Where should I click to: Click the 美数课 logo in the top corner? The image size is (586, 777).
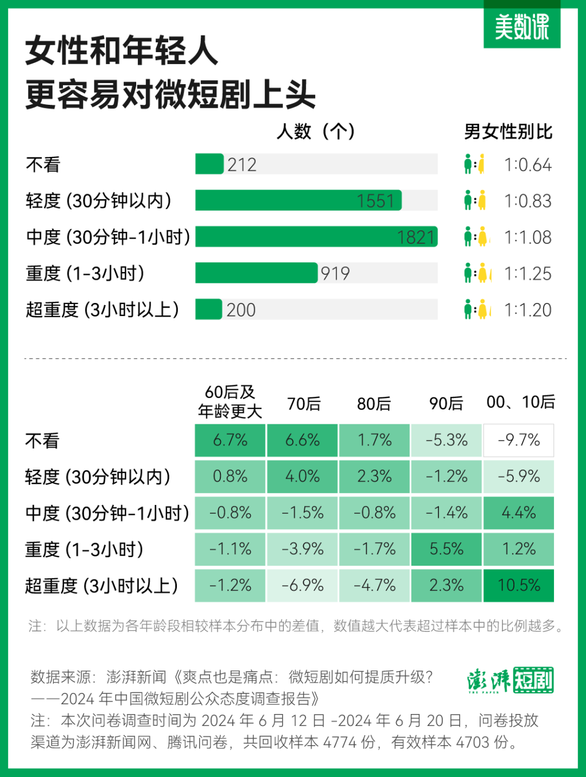click(x=521, y=26)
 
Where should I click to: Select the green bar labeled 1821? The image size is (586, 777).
click(x=316, y=237)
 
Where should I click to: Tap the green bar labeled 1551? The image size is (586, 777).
click(x=298, y=201)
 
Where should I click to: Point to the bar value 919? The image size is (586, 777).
click(x=335, y=274)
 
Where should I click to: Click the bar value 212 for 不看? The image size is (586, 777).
click(x=241, y=165)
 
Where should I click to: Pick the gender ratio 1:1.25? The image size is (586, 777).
click(x=528, y=274)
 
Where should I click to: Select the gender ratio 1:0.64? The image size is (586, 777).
click(x=528, y=165)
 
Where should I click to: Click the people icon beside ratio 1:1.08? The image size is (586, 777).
click(x=476, y=237)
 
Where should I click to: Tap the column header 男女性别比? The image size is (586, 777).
click(x=508, y=132)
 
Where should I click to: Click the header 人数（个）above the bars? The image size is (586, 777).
click(x=316, y=132)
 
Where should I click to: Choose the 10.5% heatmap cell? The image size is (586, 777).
click(x=518, y=585)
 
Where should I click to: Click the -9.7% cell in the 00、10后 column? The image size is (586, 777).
click(x=518, y=440)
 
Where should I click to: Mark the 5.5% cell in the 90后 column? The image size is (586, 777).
click(x=446, y=549)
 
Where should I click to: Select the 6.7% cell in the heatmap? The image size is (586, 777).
click(x=230, y=440)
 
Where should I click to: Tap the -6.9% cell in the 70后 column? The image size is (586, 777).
click(x=302, y=585)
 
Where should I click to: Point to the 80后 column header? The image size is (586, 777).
click(x=374, y=404)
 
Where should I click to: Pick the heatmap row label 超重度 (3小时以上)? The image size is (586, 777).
click(x=102, y=586)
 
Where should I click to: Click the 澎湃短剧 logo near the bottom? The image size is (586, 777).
click(x=510, y=680)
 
